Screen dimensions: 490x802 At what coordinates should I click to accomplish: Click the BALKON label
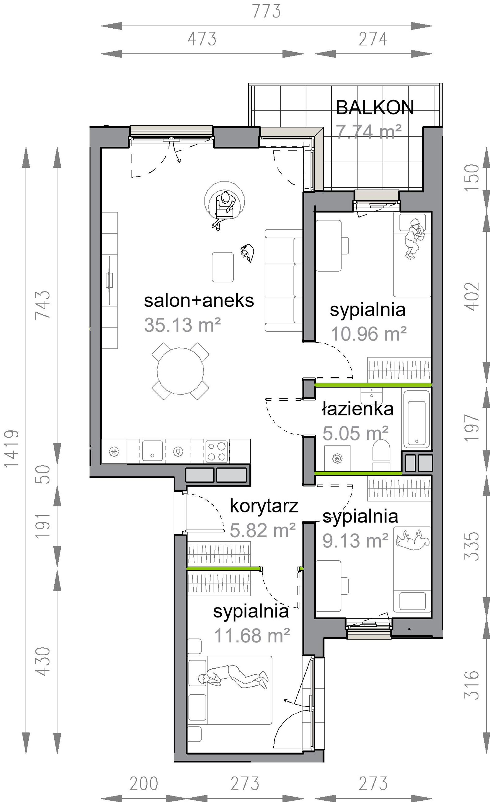(x=375, y=107)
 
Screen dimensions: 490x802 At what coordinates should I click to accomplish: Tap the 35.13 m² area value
(x=182, y=325)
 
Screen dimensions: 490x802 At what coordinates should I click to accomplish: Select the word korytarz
(x=264, y=506)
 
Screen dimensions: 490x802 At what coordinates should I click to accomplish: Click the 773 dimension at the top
(x=266, y=11)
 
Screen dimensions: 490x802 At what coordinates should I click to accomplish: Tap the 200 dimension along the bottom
(x=144, y=784)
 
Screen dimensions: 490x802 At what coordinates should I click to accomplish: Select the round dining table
(x=180, y=371)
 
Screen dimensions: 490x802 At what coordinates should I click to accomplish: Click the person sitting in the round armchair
(x=224, y=209)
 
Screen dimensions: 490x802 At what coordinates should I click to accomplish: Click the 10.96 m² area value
(x=369, y=334)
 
